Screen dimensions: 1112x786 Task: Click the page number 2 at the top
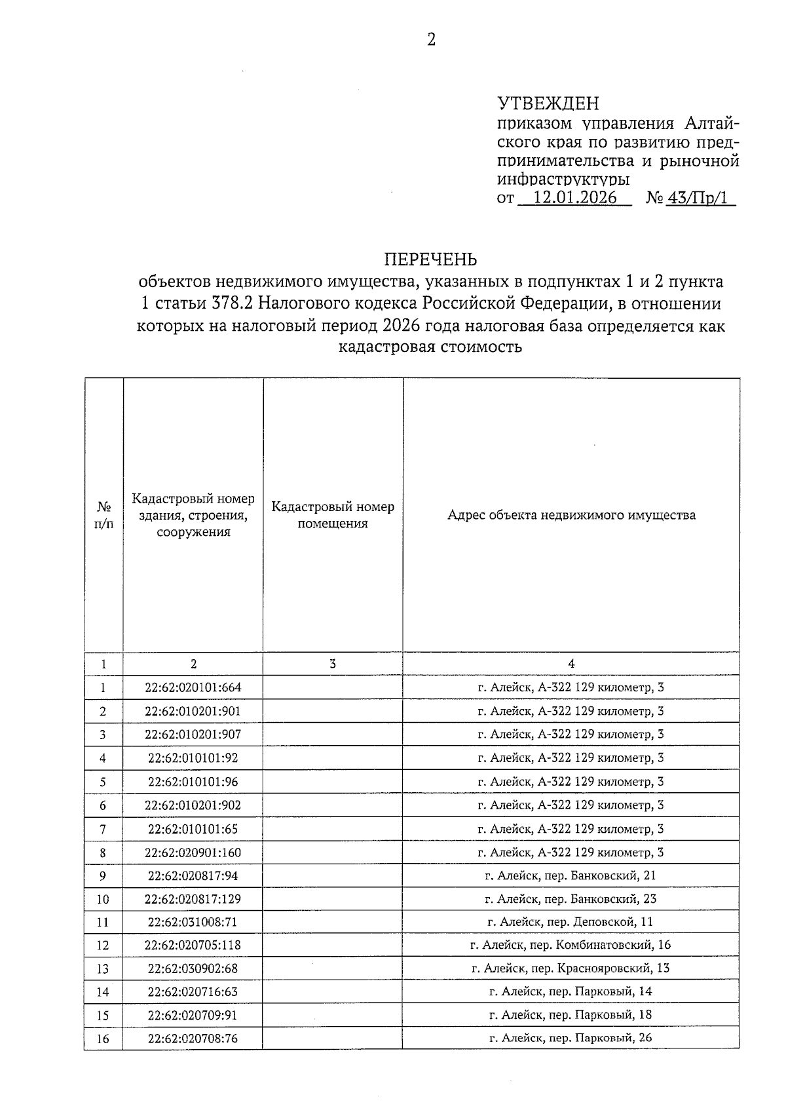[431, 40]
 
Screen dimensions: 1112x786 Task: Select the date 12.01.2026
[576, 197]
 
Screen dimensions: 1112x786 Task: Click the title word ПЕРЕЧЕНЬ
[430, 259]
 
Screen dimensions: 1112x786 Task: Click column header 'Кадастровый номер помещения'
[333, 514]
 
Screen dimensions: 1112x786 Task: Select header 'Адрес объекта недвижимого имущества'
[571, 514]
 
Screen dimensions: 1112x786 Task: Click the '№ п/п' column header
[103, 515]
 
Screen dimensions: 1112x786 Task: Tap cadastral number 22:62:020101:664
[193, 687]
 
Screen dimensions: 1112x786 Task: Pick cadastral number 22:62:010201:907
[193, 734]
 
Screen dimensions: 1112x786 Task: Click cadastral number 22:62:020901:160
[193, 852]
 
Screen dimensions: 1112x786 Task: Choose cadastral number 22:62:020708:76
[193, 1038]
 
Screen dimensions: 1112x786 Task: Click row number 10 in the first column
[103, 899]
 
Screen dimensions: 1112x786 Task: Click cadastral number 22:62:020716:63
[193, 991]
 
